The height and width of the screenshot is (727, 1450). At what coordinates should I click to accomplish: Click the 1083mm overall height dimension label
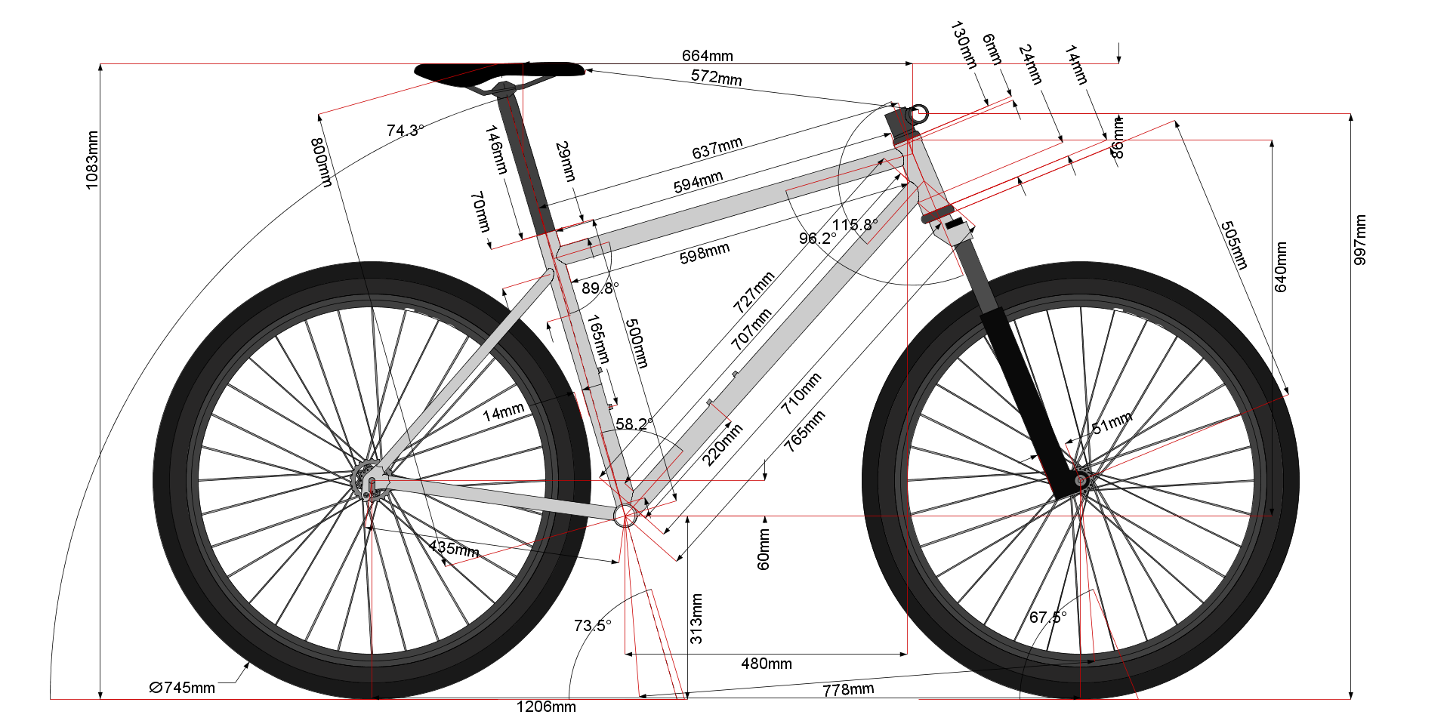tap(92, 160)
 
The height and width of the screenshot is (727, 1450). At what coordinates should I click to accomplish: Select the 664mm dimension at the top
tap(707, 56)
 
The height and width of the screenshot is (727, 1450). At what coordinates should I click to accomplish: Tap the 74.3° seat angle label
tap(405, 131)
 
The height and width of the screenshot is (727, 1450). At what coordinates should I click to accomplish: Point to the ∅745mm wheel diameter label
tap(182, 688)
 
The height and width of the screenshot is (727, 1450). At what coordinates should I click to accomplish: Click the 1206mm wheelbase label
tap(546, 707)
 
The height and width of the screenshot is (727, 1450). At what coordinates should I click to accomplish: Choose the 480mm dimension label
tap(767, 664)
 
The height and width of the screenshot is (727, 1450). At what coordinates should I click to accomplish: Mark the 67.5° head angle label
tap(1047, 618)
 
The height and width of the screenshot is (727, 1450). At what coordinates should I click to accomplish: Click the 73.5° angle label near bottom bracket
tap(592, 626)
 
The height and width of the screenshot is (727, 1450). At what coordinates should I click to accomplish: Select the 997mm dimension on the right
tap(1360, 240)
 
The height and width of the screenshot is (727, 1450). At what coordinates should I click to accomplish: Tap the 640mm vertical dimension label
tap(1281, 266)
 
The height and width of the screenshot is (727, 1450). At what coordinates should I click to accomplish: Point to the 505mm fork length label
tap(1235, 245)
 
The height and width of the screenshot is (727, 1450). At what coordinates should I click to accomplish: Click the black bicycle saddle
tap(499, 71)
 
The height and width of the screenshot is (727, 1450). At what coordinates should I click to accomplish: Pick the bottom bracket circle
tap(625, 516)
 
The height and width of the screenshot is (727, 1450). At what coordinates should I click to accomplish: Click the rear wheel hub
tap(371, 481)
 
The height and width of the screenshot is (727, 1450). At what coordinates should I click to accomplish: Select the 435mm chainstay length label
tap(454, 549)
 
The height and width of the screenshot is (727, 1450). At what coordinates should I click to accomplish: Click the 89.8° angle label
tap(600, 288)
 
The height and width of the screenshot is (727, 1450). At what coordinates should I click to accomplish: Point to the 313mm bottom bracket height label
tap(696, 619)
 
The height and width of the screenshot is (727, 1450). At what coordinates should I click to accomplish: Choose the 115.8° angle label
tap(855, 225)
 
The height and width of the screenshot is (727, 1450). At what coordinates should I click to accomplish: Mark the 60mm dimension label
tap(764, 549)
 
